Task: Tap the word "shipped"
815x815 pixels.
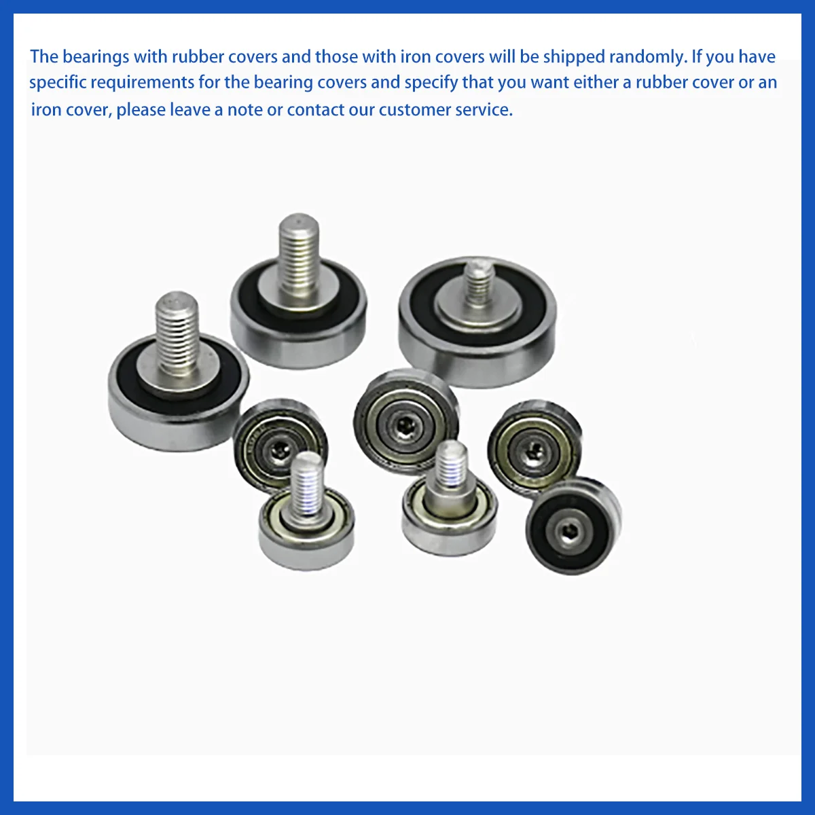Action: (573, 56)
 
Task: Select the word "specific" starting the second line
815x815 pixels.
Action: (57, 83)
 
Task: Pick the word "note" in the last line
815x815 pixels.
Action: (244, 109)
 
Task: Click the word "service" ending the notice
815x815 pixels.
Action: (484, 109)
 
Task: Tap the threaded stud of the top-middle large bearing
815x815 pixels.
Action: (300, 255)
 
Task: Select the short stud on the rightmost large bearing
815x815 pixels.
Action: (479, 282)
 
